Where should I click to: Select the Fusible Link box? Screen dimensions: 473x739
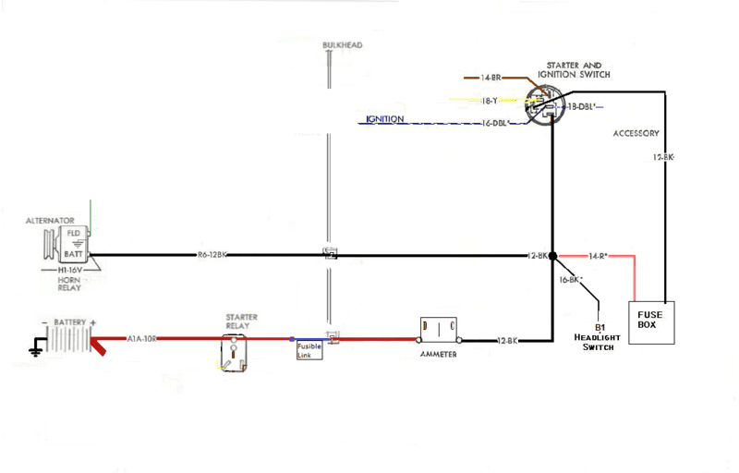tap(309, 350)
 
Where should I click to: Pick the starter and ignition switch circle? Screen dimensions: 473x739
tap(540, 104)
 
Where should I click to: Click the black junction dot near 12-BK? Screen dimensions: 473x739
tap(552, 255)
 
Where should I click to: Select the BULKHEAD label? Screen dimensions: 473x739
tap(342, 45)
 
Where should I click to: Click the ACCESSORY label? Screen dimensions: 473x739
tap(636, 134)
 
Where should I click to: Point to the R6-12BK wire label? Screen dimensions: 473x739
tap(212, 255)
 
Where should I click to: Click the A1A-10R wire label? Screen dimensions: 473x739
tap(143, 339)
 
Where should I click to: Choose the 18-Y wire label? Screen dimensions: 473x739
tap(491, 100)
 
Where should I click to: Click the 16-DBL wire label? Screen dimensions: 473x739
tap(497, 123)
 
